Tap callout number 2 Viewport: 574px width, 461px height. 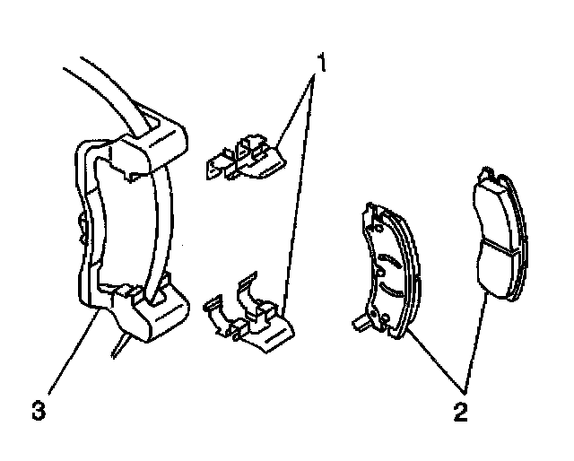click(x=459, y=413)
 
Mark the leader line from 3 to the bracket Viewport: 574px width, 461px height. click(x=67, y=354)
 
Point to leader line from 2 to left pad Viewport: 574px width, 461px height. click(x=435, y=363)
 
